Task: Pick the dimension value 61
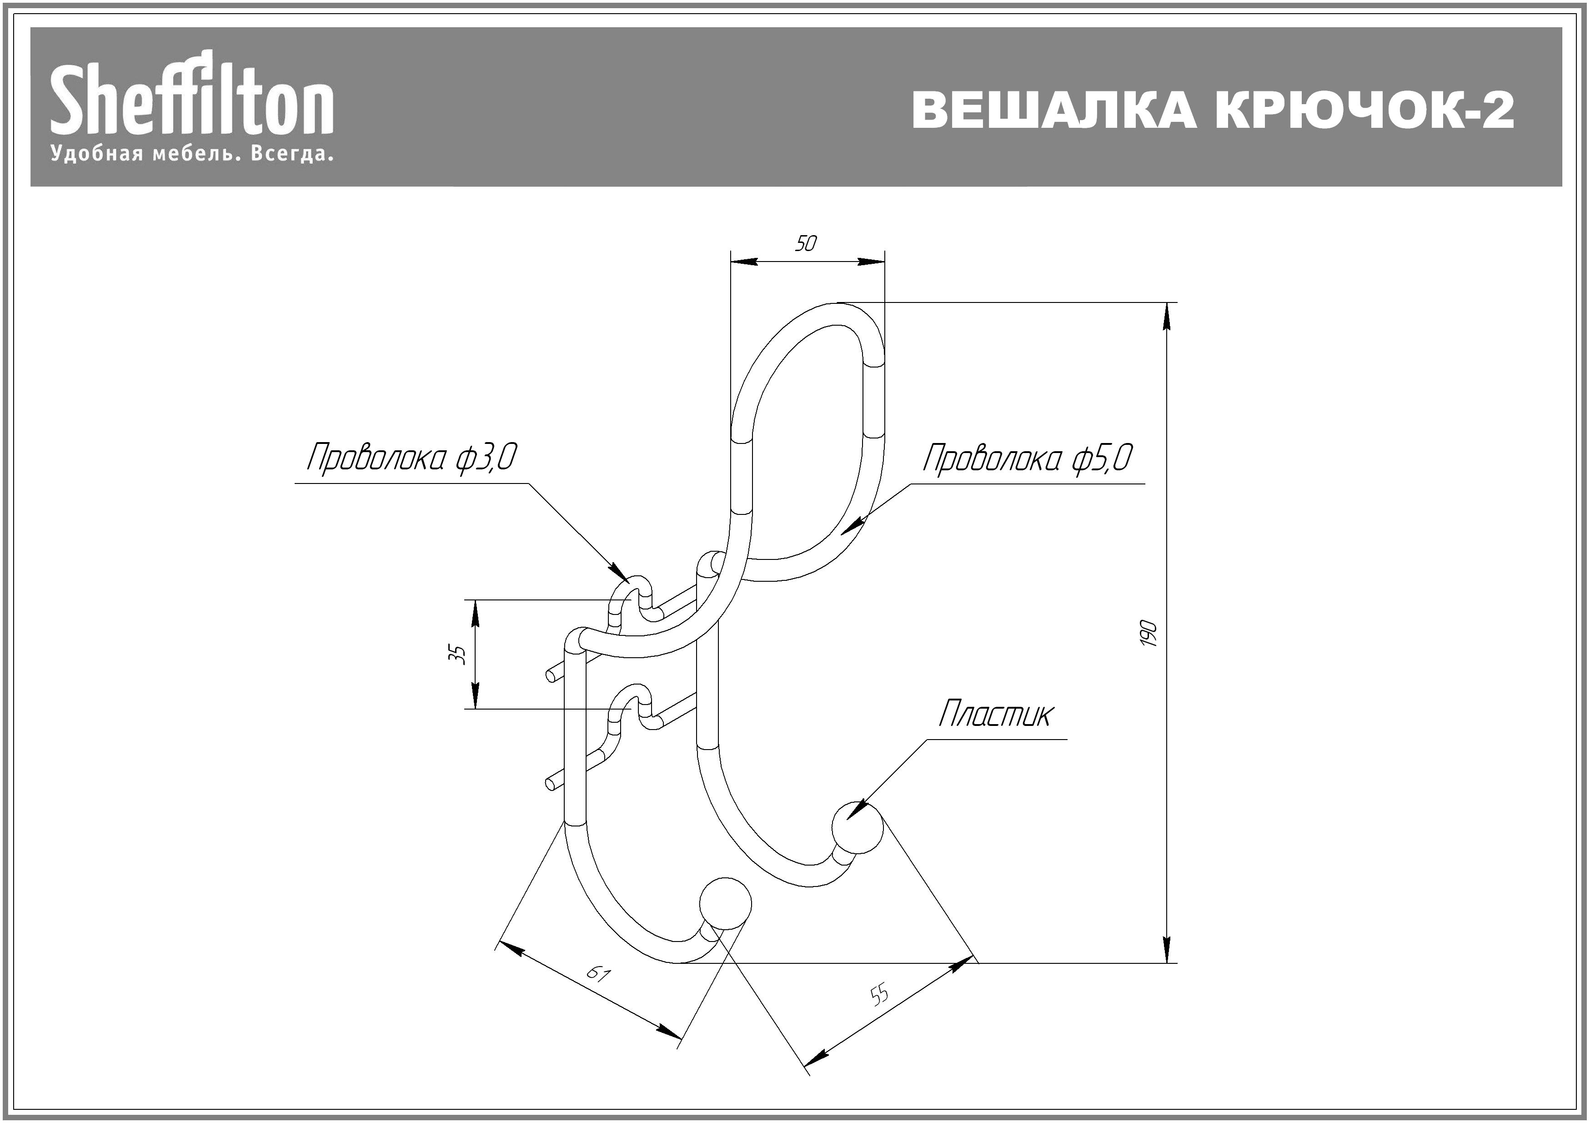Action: (x=597, y=974)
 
